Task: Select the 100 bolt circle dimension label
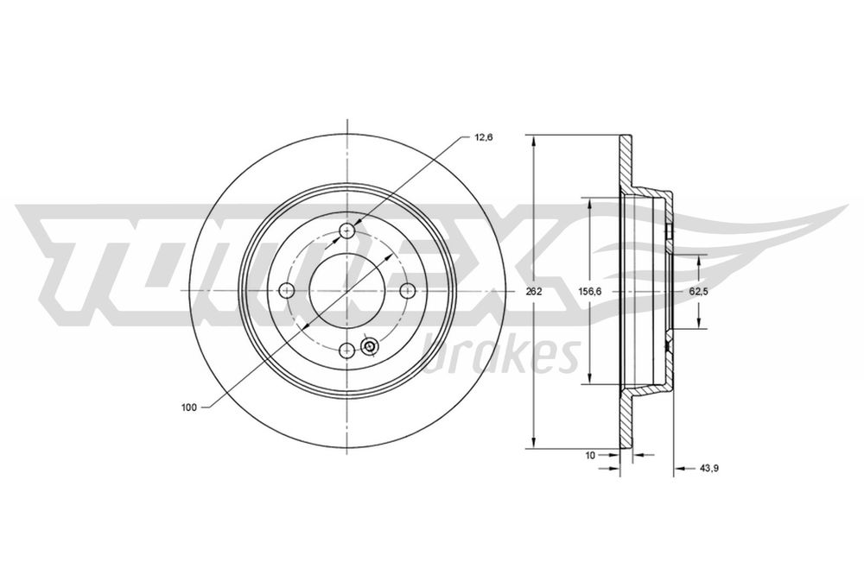click(188, 408)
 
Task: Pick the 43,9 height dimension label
click(709, 468)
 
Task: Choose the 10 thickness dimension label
click(590, 455)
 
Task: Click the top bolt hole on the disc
click(347, 231)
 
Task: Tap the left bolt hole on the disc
click(287, 290)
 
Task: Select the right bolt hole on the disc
click(407, 290)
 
